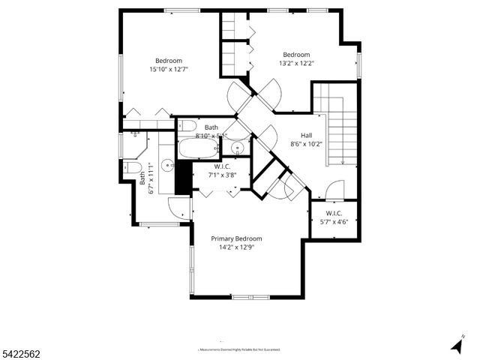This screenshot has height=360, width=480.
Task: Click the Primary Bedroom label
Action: coord(240,238)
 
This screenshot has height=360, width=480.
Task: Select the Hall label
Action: coord(306,136)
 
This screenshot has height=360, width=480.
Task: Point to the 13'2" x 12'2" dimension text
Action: coord(296,63)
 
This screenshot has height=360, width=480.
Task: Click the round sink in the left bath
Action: coord(168,167)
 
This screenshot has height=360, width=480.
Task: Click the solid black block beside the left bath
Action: coord(180,178)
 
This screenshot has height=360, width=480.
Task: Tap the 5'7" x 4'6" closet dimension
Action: coord(334,222)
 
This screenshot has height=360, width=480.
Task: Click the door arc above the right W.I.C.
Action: coord(334,190)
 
